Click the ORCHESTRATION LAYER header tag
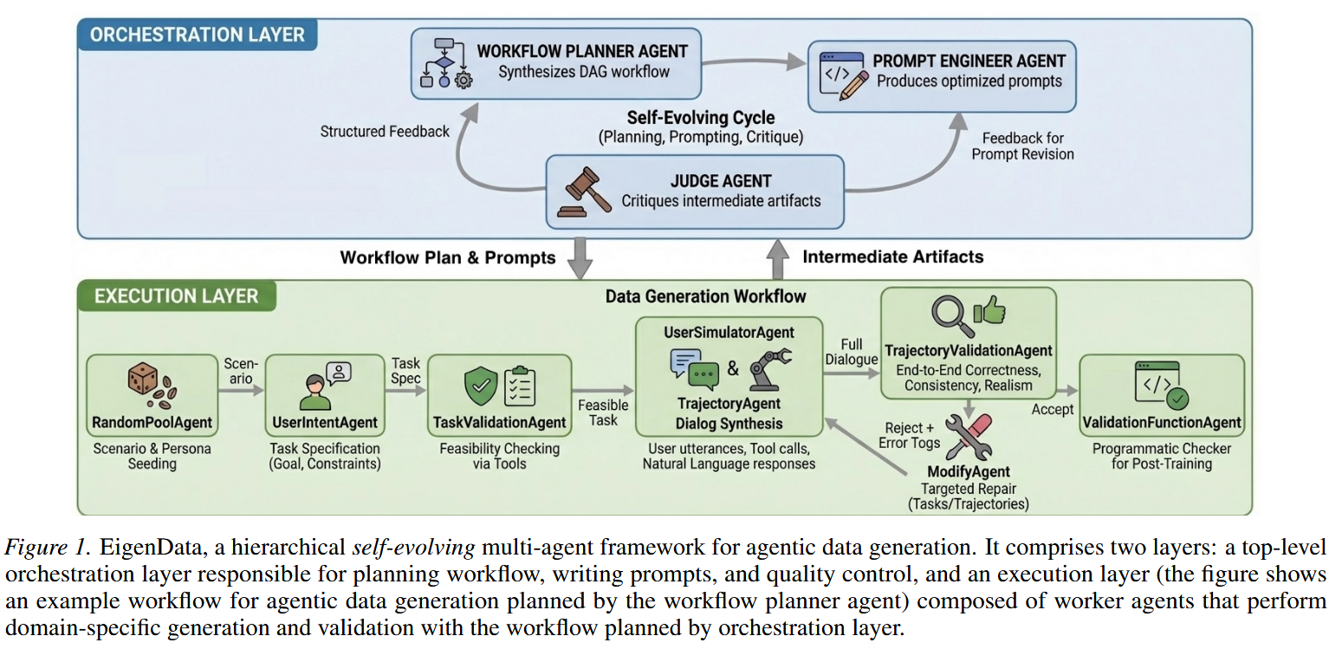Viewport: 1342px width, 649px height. pos(198,35)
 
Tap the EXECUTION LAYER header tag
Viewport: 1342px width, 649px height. pos(177,296)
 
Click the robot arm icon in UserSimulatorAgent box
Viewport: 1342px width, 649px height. pos(769,367)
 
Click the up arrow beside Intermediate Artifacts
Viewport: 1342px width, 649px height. pos(777,257)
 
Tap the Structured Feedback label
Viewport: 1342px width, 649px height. pos(385,132)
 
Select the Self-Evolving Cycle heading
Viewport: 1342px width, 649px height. pos(701,117)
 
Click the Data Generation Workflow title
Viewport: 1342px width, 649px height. pos(706,296)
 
